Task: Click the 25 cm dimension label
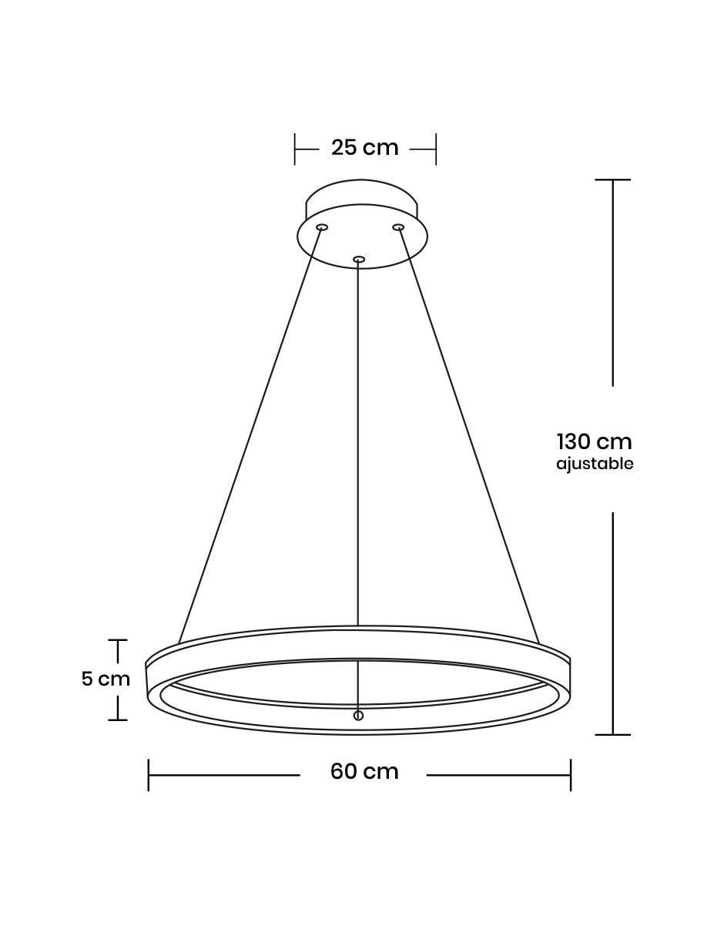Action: coord(364,148)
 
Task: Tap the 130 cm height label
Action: coord(595,442)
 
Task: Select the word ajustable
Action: coord(595,465)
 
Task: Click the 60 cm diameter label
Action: coord(364,771)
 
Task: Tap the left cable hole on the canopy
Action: coord(321,227)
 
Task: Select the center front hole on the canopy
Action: coord(359,260)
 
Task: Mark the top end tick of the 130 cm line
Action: coord(613,179)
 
